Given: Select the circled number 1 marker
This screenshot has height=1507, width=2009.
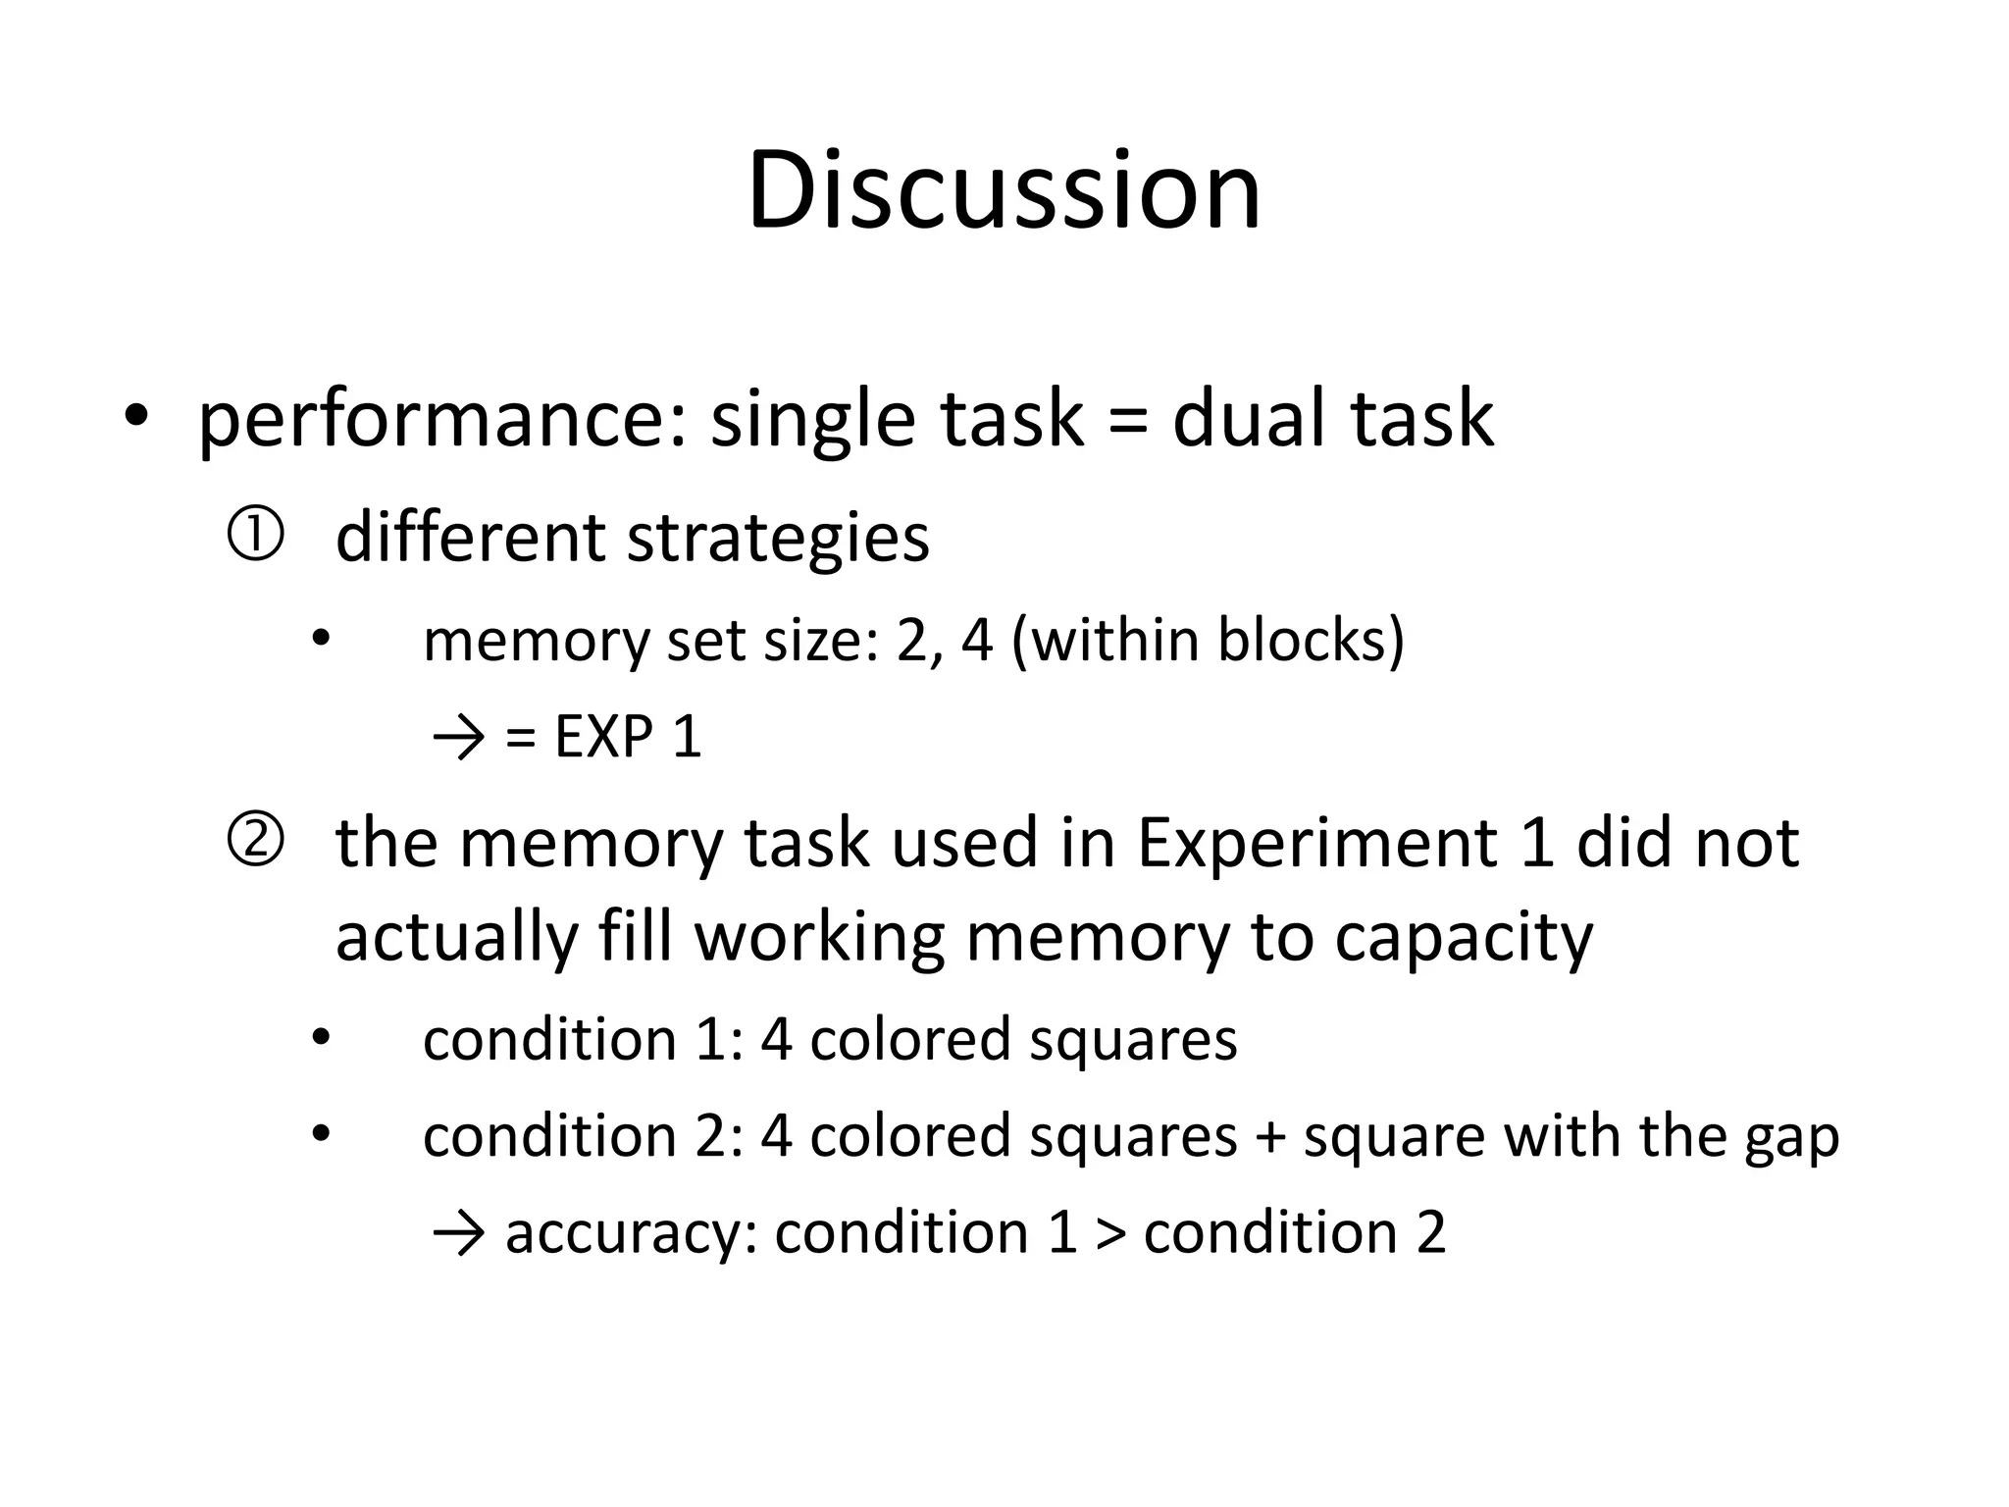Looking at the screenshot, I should point(255,536).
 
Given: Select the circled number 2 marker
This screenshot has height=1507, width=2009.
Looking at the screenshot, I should point(255,842).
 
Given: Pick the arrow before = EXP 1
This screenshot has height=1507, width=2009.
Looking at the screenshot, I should point(458,738).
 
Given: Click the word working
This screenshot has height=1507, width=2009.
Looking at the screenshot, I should point(819,938).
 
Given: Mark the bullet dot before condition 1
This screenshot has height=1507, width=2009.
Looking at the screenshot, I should point(320,1036).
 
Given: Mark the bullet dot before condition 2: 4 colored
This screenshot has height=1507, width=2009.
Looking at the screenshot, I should point(320,1133).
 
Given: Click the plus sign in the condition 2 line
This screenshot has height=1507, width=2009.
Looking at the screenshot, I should point(1270,1136).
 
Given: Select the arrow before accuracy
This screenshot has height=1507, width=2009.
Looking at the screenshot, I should point(458,1233).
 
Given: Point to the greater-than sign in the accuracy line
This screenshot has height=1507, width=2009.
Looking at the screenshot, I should point(1110,1233).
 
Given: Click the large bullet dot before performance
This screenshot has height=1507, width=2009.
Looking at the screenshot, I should point(135,416).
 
